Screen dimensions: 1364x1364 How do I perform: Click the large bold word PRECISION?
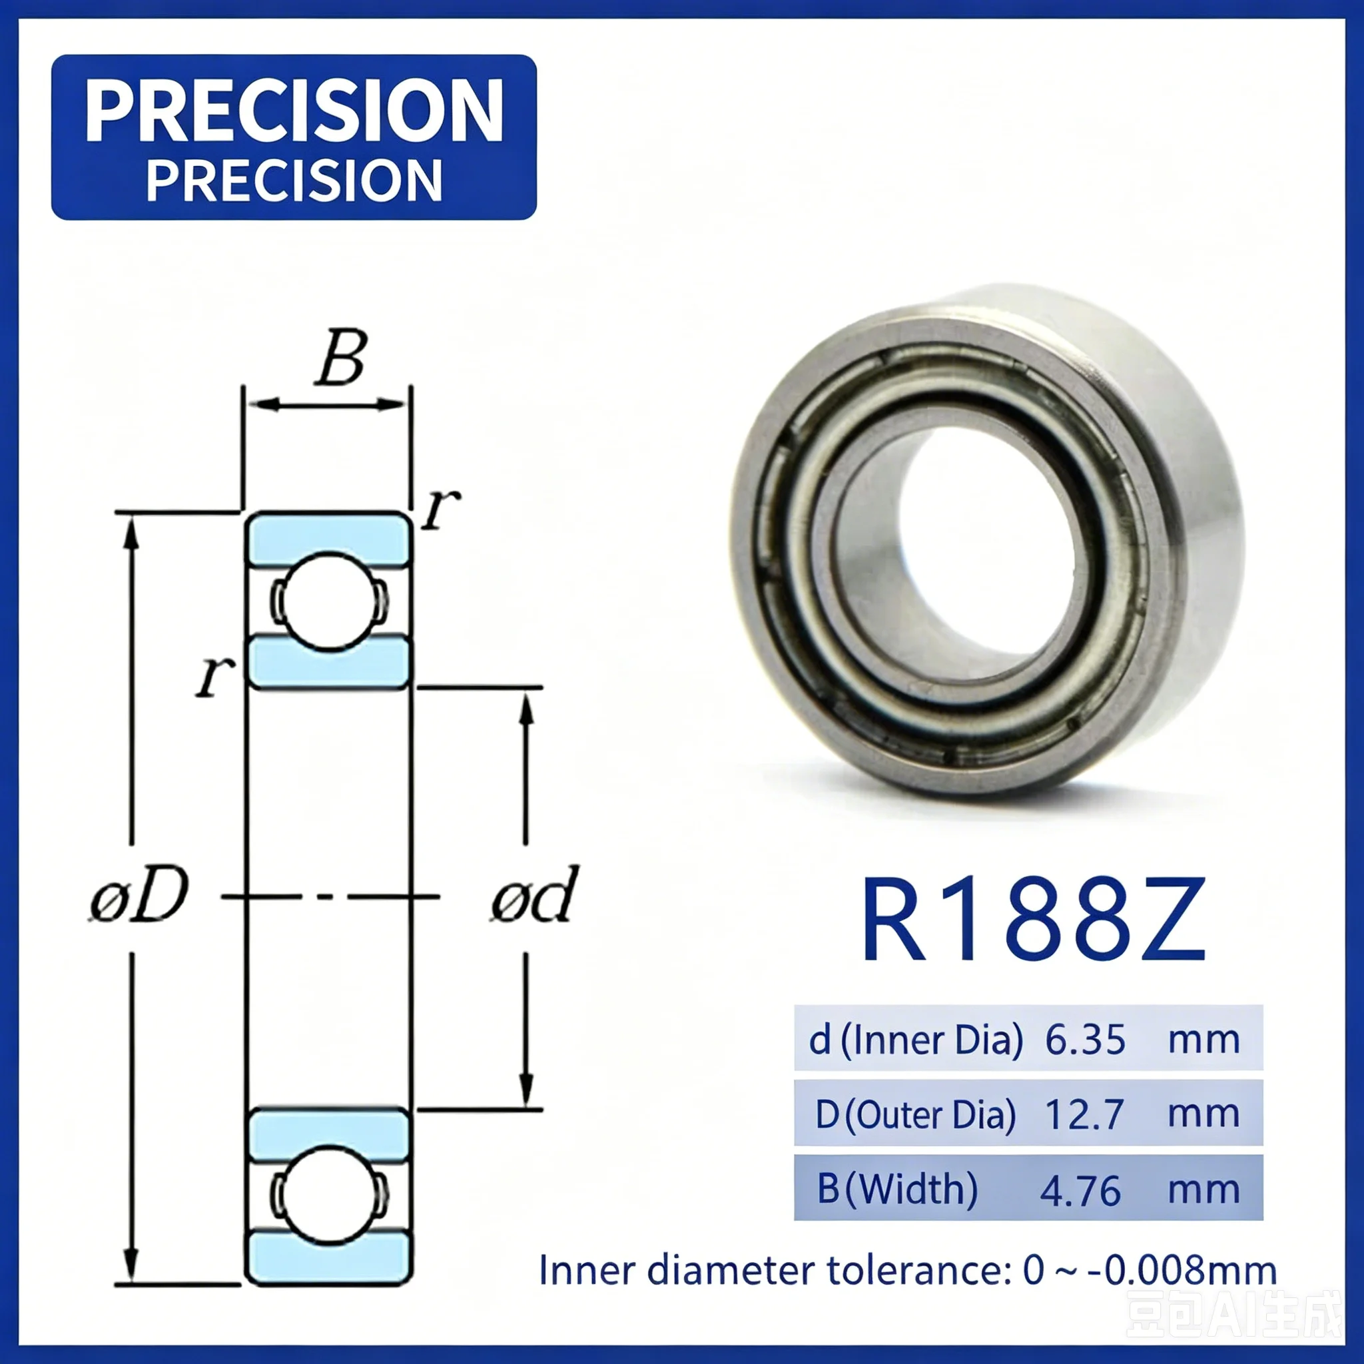click(294, 110)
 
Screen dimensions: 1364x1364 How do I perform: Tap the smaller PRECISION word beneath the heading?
click(294, 180)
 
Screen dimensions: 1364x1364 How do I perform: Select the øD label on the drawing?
click(140, 896)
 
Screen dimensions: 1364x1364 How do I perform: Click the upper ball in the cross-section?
click(329, 601)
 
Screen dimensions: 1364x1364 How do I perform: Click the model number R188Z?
click(1033, 919)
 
